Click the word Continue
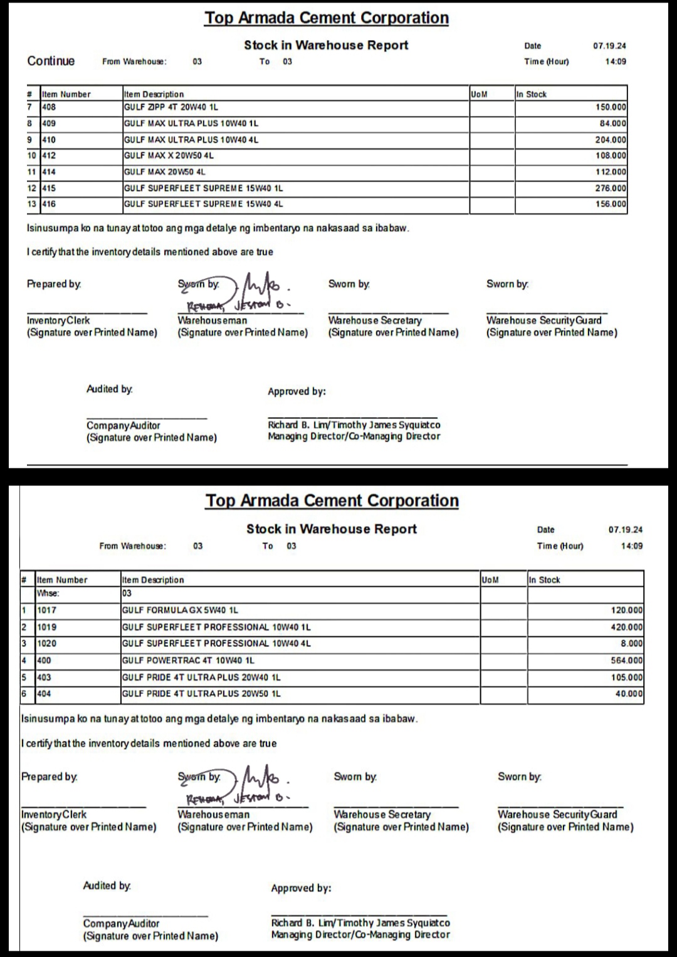[51, 61]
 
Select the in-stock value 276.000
[611, 188]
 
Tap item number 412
[49, 155]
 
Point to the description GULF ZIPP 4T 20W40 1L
[171, 107]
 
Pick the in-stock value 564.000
[626, 660]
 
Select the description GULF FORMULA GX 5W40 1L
[180, 610]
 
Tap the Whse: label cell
[48, 593]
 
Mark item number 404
[44, 693]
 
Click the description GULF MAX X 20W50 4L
[169, 155]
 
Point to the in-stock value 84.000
[612, 123]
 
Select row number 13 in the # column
[32, 204]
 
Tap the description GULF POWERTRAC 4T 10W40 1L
[188, 660]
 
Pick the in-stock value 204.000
[611, 140]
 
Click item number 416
[49, 204]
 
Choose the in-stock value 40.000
[629, 693]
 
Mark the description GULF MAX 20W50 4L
[164, 172]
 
